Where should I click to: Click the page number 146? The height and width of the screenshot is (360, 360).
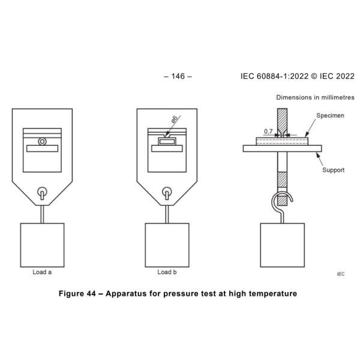[179, 77]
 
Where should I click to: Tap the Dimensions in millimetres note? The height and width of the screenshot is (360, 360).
[315, 97]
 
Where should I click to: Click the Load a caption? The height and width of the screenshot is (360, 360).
[42, 272]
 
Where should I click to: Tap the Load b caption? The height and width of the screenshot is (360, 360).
[167, 272]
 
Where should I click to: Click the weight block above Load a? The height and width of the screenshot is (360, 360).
[42, 244]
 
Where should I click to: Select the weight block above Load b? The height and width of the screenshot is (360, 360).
[167, 244]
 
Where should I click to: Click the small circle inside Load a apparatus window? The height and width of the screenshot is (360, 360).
[41, 142]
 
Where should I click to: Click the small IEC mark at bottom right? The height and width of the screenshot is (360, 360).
[341, 274]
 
